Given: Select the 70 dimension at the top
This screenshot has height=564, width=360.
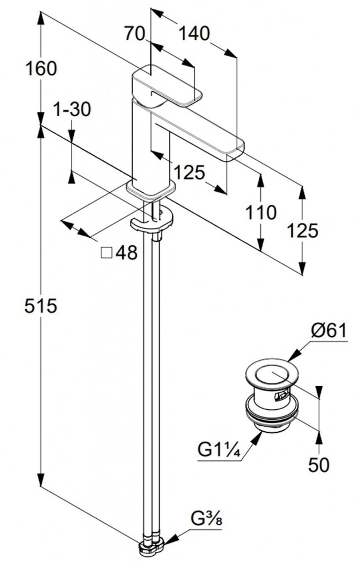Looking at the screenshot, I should tap(135, 34).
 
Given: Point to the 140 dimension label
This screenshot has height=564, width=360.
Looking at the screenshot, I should tap(194, 34).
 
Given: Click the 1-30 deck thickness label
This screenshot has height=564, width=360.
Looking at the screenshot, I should tap(72, 110).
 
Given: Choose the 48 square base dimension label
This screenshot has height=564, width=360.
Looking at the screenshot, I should tap(127, 253).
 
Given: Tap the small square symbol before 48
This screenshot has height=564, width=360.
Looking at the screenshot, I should tap(107, 253).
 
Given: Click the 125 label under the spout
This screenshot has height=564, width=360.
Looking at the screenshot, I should tap(190, 172).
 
